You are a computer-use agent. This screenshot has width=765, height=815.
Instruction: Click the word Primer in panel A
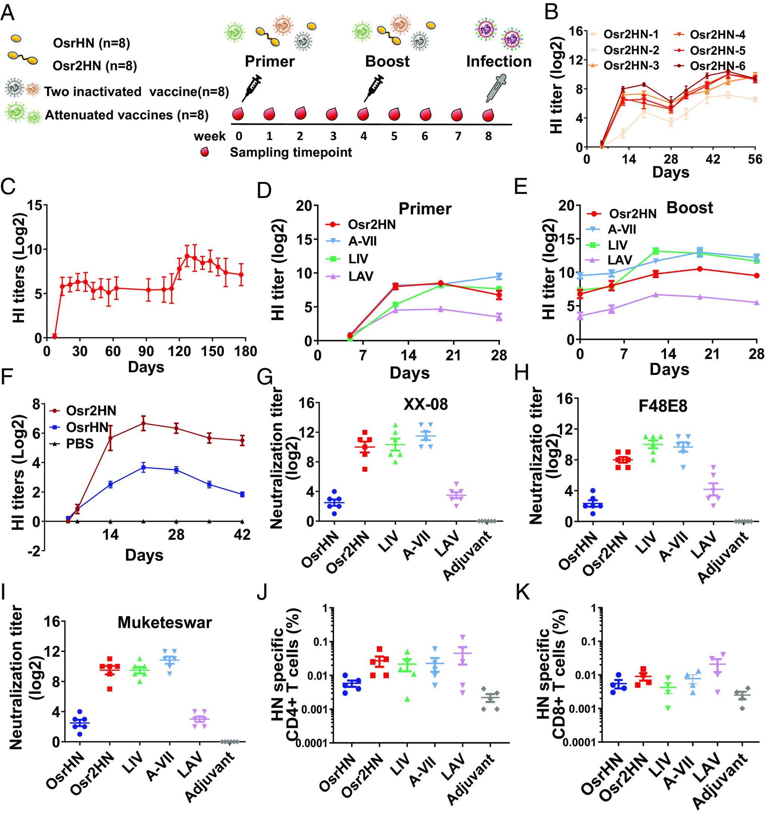[x=269, y=62]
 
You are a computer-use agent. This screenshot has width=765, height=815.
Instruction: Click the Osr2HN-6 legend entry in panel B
[x=717, y=66]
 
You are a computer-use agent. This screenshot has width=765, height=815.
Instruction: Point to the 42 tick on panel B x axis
[x=713, y=159]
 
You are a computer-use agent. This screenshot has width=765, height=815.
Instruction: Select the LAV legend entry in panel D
[x=360, y=276]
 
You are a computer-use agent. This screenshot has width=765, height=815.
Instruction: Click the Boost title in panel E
[x=690, y=208]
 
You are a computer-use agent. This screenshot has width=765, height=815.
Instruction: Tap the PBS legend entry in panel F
[x=80, y=444]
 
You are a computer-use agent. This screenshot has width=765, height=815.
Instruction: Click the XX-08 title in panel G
[x=425, y=405]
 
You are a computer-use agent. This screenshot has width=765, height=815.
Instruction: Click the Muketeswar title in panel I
[x=165, y=623]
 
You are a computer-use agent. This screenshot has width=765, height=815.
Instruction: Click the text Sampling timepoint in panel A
[x=291, y=152]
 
